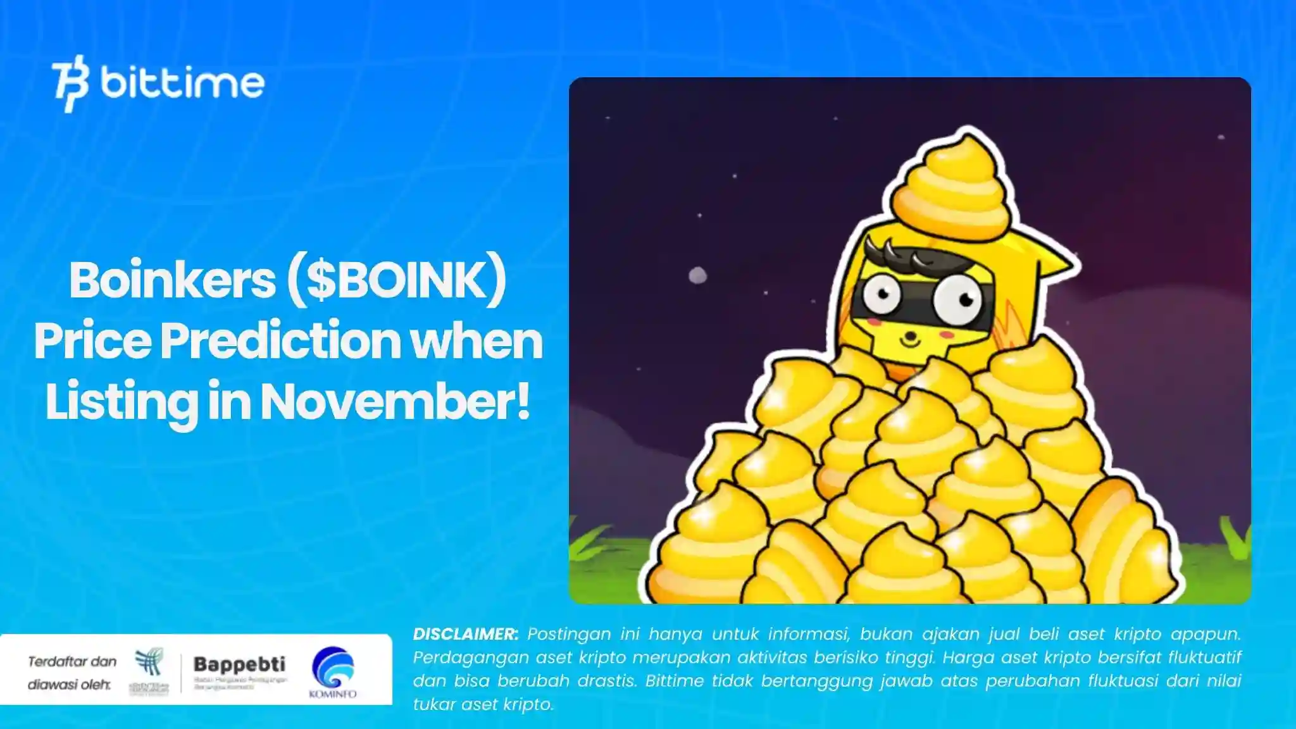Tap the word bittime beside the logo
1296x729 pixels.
pyautogui.click(x=182, y=83)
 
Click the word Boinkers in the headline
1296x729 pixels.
pyautogui.click(x=172, y=280)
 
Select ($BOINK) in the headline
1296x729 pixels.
pyautogui.click(x=396, y=280)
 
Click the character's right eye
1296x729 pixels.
pyautogui.click(x=956, y=297)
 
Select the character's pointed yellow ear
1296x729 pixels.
pyautogui.click(x=1054, y=259)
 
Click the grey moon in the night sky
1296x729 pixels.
pyautogui.click(x=697, y=275)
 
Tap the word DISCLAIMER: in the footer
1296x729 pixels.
pyautogui.click(x=466, y=634)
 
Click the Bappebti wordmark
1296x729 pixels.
pyautogui.click(x=239, y=664)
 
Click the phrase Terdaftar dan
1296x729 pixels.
pyautogui.click(x=72, y=661)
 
